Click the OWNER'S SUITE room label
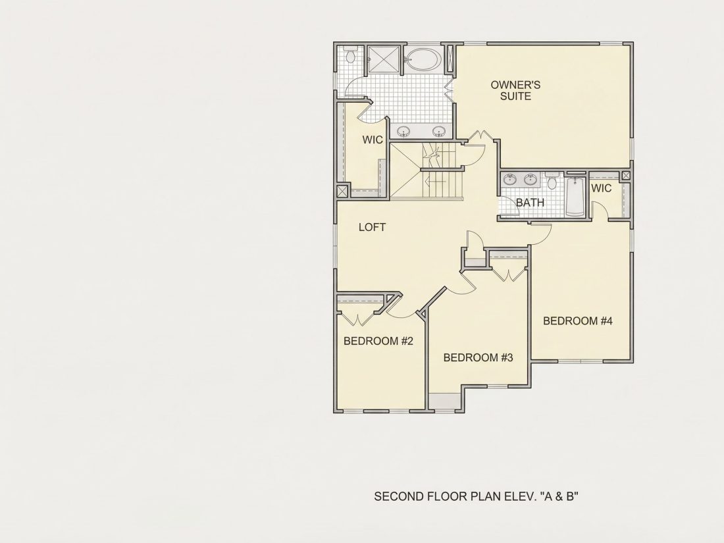click(x=515, y=91)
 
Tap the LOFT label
click(x=372, y=227)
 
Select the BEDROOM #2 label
click(x=378, y=341)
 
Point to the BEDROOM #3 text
click(x=478, y=358)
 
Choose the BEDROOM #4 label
click(x=578, y=321)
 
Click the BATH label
click(x=530, y=203)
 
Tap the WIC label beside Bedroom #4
click(x=601, y=188)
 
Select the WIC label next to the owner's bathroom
click(x=373, y=140)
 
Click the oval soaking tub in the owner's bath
click(x=423, y=59)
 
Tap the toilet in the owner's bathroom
click(x=351, y=55)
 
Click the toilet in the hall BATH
click(x=552, y=181)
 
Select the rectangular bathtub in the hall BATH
click(x=575, y=197)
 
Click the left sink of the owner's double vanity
click(x=404, y=132)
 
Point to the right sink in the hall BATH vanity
click(x=530, y=179)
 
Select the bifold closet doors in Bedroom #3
click(x=508, y=274)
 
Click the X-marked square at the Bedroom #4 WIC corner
click(x=626, y=176)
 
